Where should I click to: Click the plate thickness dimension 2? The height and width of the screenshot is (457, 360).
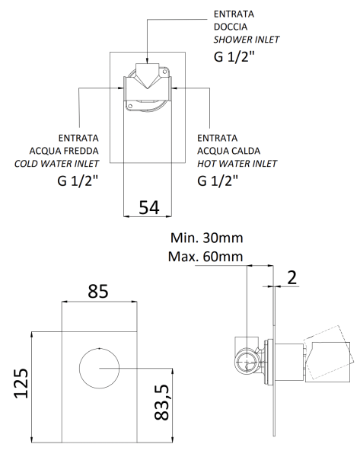coord(292,278)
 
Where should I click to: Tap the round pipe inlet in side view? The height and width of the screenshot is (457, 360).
coord(246,361)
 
